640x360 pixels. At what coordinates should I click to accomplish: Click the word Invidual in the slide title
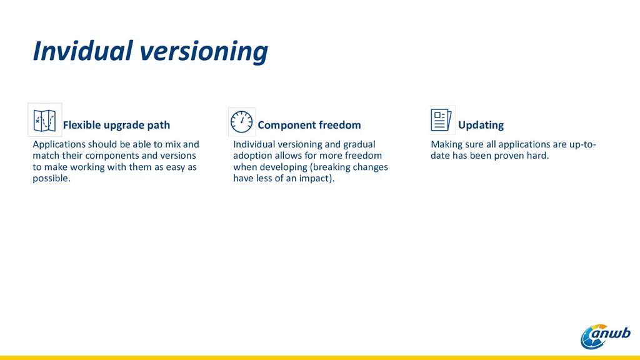pos(83,51)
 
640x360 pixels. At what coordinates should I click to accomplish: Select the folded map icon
pos(44,121)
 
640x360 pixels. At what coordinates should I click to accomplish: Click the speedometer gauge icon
pos(242,122)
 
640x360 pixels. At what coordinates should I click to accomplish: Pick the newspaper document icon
pos(441,120)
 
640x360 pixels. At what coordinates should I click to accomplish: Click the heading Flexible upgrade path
pos(116,125)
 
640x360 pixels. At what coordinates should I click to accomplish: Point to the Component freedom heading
pos(309,125)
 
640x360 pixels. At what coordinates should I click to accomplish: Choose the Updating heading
pos(481,125)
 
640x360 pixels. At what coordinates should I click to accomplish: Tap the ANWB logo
pos(606,337)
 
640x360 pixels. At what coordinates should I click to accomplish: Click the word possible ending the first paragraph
pos(51,178)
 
